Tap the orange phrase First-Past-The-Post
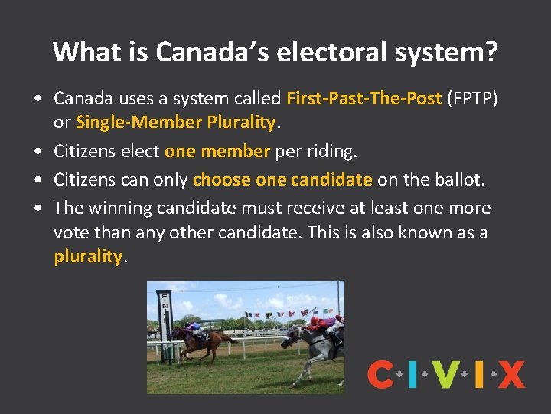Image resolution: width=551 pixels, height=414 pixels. click(x=364, y=99)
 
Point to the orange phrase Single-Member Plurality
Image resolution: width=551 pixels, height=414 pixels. click(x=175, y=122)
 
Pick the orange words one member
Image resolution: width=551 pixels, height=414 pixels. click(x=217, y=152)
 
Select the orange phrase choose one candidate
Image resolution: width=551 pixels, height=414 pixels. click(x=282, y=179)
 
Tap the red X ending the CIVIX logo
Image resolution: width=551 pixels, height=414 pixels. click(x=510, y=375)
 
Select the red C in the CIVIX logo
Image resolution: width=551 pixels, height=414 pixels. click(x=380, y=375)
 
